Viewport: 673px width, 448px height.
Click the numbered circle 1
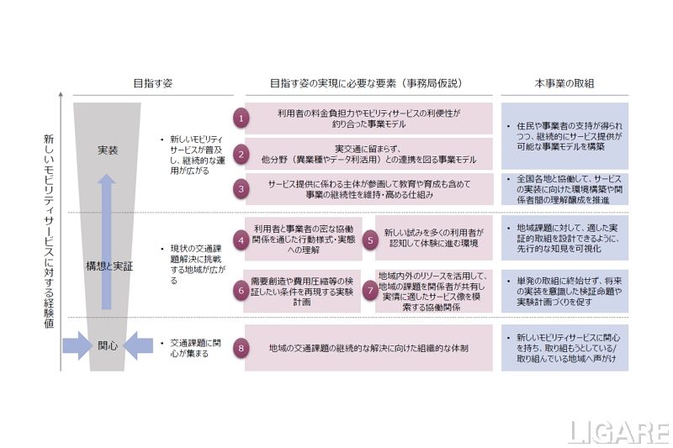coord(241,119)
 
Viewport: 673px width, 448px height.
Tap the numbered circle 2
coord(241,154)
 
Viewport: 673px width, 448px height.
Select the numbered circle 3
coord(241,189)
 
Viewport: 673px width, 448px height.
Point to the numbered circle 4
coord(241,239)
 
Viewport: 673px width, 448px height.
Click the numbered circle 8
coord(241,347)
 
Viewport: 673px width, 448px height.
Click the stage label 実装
coord(108,150)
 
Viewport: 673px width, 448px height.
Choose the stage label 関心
coord(108,345)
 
